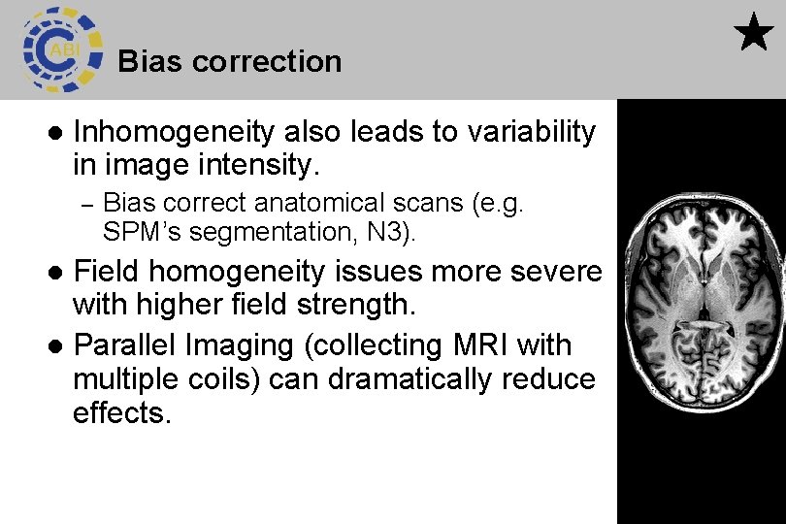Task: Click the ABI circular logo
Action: [62, 49]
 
